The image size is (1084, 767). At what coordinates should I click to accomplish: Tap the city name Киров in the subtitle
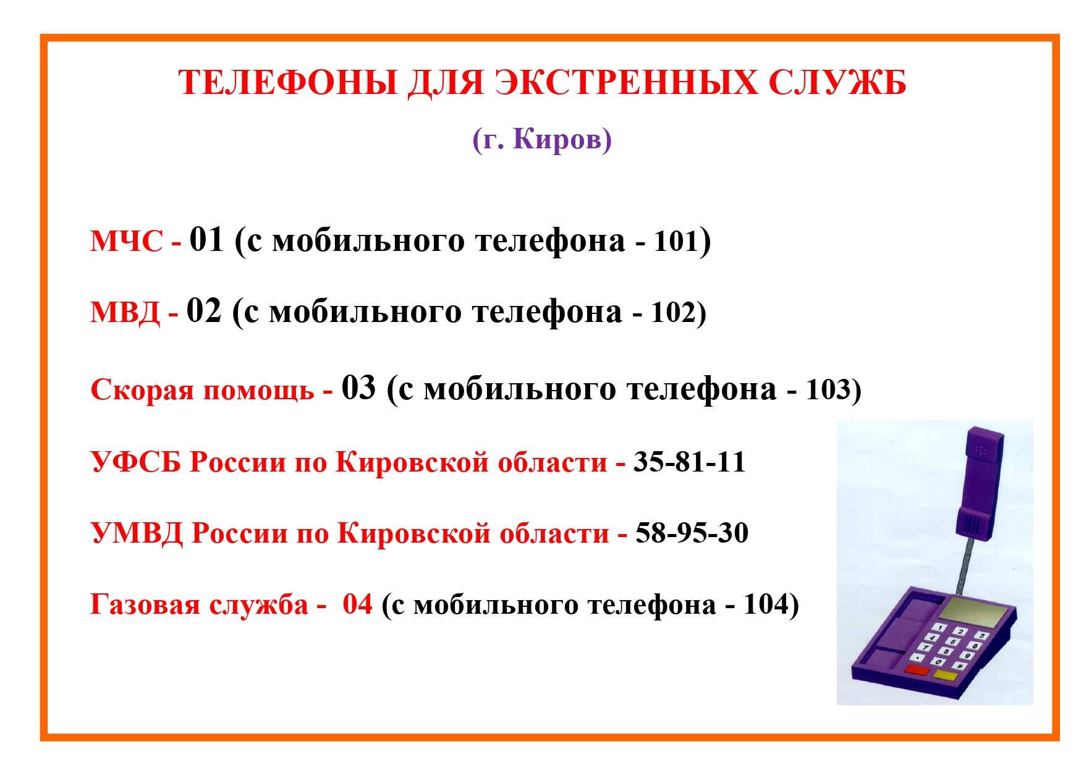tap(557, 139)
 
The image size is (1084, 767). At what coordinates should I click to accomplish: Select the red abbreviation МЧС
tap(127, 241)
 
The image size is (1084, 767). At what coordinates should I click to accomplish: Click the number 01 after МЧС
tap(206, 240)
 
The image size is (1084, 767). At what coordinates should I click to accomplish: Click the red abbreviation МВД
tap(125, 312)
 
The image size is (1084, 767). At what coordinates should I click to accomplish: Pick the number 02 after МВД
tap(204, 311)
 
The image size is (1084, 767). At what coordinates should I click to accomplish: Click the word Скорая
tap(142, 390)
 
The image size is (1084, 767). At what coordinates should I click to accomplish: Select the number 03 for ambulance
tap(359, 388)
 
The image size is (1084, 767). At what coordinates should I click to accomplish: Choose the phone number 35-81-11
tap(690, 462)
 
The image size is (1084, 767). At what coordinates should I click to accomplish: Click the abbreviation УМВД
tap(137, 533)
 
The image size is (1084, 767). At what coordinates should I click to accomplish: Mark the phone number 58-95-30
tap(692, 533)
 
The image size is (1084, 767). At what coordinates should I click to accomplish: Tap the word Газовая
tap(145, 604)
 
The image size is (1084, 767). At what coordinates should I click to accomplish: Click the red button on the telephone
tap(917, 670)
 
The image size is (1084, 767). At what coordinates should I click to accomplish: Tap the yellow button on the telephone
tap(946, 675)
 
